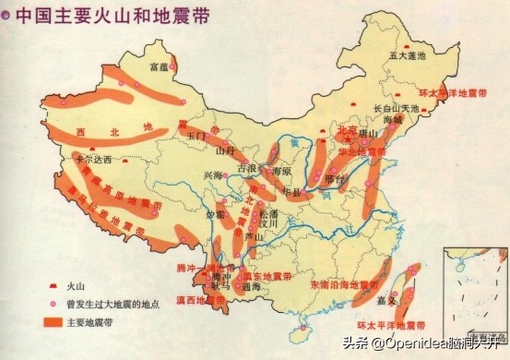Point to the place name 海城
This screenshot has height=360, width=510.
tap(393, 120)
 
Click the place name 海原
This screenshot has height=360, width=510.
tap(281, 172)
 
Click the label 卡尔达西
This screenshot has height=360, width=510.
tap(92, 159)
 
